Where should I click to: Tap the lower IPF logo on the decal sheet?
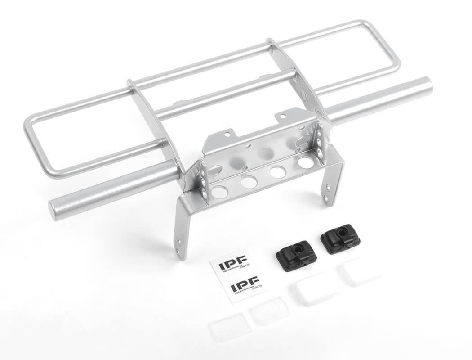pos(244,284)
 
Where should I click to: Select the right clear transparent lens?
pos(270,310)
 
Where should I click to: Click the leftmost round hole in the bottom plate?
pos(220,192)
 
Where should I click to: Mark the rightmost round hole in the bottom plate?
pos(306,162)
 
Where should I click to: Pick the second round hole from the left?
pos(249,182)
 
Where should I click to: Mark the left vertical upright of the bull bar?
pos(153,121)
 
